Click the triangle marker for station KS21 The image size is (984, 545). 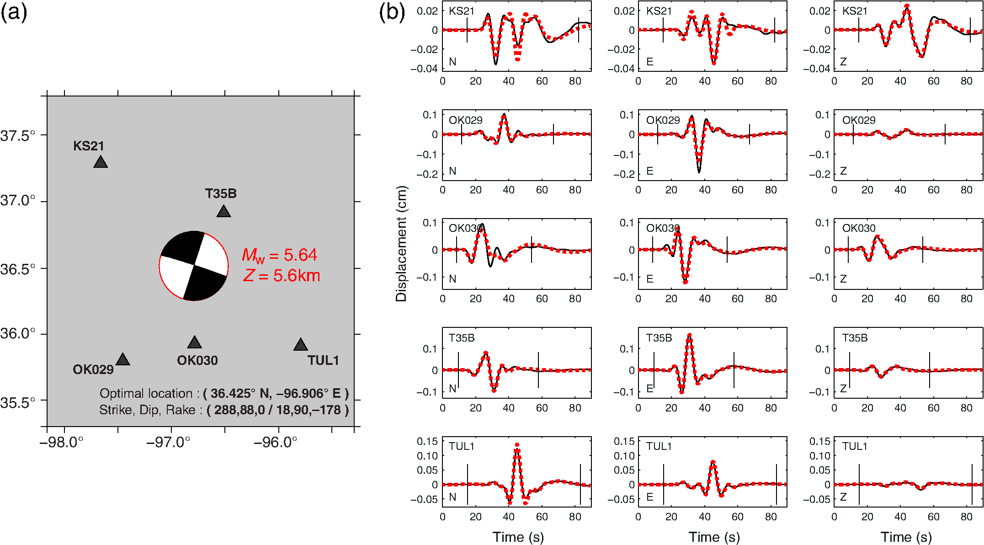pos(101,162)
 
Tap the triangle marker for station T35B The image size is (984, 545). pos(223,211)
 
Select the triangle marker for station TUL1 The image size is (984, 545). pos(300,345)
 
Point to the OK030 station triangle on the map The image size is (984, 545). pos(195,342)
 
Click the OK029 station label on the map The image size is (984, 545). pos(93,369)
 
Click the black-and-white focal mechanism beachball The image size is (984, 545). pos(194,266)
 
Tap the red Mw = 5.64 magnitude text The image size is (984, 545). pos(279,255)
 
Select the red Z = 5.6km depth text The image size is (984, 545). pos(282,276)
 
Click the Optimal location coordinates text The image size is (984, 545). pos(224,393)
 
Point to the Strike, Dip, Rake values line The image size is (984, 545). pos(224,410)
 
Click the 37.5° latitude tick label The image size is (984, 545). pos(18,136)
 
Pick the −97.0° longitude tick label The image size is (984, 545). pos(168,442)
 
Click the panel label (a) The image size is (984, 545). pos(14,12)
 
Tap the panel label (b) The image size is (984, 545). pos(392,12)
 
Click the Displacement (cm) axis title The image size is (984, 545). pos(401,243)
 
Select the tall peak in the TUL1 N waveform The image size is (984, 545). pos(517,445)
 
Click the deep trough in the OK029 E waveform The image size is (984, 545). pos(699,171)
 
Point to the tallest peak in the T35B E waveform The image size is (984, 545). pos(689,335)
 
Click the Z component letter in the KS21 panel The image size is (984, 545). pos(843,62)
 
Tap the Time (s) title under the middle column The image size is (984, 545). pos(714,537)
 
